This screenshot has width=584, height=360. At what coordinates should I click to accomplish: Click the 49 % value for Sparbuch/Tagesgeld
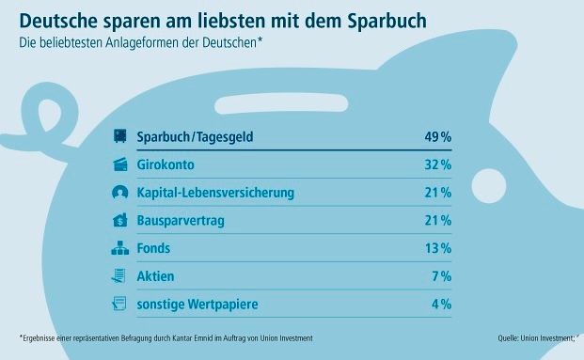click(437, 137)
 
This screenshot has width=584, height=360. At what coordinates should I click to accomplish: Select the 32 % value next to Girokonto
click(437, 165)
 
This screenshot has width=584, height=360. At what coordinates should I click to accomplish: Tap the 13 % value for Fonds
click(437, 248)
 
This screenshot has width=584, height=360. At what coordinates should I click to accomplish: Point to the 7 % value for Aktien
click(441, 276)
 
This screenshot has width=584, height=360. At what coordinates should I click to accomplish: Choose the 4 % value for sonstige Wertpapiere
click(441, 304)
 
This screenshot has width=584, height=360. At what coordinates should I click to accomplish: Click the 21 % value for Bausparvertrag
click(437, 221)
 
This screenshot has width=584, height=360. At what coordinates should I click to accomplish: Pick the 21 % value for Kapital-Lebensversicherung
click(437, 193)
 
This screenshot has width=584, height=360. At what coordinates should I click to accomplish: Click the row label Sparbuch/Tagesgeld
click(196, 137)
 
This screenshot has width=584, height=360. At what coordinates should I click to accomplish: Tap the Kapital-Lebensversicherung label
click(215, 193)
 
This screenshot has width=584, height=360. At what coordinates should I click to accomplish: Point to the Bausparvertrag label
click(182, 221)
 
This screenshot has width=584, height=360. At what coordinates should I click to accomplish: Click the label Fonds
click(153, 248)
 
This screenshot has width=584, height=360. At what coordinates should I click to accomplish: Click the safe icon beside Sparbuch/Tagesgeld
click(119, 137)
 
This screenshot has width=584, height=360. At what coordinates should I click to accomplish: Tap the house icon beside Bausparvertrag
click(119, 221)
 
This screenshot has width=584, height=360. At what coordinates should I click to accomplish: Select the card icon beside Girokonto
click(119, 165)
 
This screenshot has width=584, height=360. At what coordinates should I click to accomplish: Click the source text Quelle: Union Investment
click(538, 337)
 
